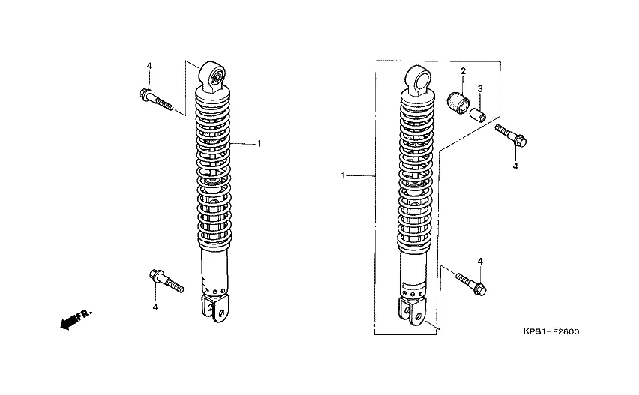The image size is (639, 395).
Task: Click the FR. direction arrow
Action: [x=76, y=319]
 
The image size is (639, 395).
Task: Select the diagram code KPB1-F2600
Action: [x=551, y=331]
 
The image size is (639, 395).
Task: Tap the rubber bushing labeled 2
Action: [x=459, y=103]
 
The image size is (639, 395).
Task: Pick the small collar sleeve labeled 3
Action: [x=477, y=114]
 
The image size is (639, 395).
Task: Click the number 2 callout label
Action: [x=463, y=71]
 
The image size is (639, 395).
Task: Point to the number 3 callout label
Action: [x=480, y=88]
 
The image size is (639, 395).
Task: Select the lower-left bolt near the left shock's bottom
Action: [x=166, y=280]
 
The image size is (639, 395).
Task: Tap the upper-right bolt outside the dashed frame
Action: [x=511, y=136]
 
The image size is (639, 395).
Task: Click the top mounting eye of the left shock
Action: [x=212, y=77]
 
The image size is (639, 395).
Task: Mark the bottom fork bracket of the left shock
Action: [x=215, y=308]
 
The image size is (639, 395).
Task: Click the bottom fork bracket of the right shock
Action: [x=412, y=312]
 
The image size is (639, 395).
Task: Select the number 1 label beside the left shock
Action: [x=259, y=144]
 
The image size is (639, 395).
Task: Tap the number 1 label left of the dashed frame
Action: [x=343, y=176]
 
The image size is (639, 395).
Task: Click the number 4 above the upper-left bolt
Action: [x=149, y=66]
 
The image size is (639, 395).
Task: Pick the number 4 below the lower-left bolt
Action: [x=155, y=307]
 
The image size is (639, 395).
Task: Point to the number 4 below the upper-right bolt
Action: [x=515, y=166]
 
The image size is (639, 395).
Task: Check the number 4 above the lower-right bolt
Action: [x=480, y=262]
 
